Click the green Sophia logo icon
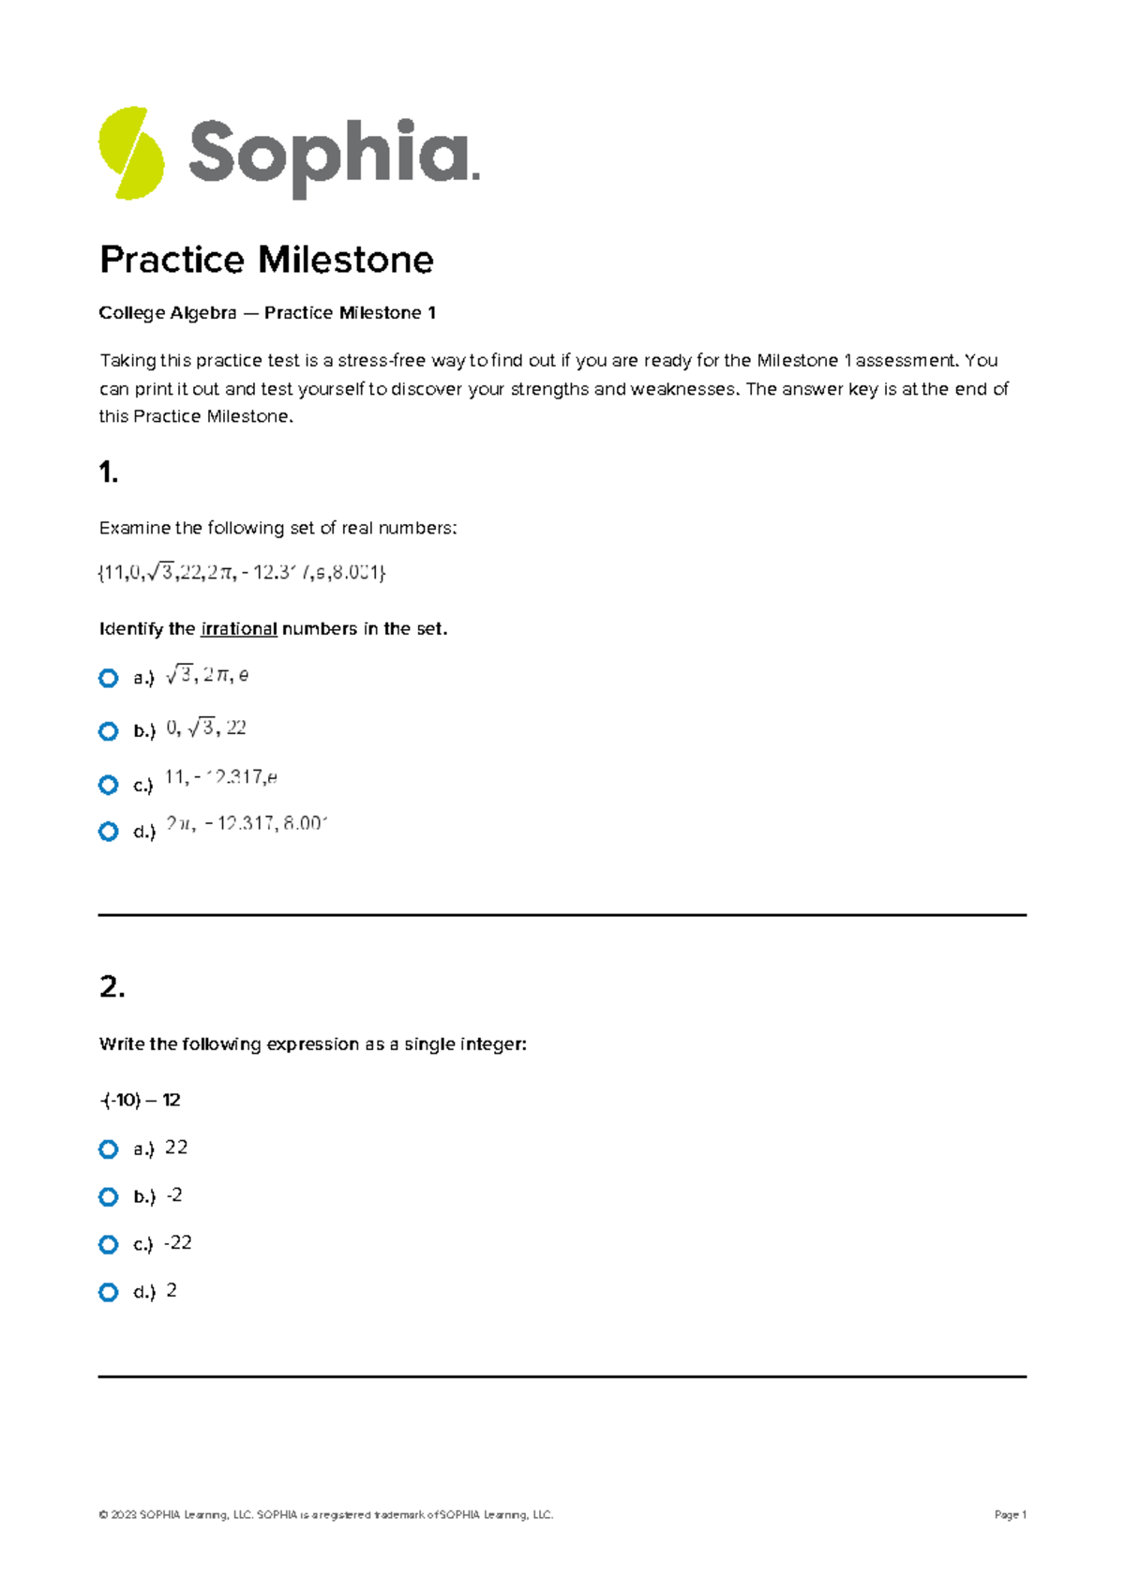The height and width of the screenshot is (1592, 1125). click(x=131, y=153)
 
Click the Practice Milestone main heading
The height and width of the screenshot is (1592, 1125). click(x=266, y=260)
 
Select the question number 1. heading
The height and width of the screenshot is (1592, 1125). click(x=109, y=473)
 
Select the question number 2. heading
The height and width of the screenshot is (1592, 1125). click(x=112, y=986)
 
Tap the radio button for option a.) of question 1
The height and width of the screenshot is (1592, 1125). click(x=109, y=678)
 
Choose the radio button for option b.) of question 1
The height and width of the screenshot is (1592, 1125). click(x=109, y=731)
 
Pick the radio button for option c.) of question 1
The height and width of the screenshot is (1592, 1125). click(x=109, y=785)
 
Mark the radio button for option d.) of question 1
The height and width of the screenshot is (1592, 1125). click(x=109, y=832)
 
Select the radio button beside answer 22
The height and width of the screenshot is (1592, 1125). click(x=109, y=1149)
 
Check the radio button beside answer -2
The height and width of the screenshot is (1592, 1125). click(x=109, y=1197)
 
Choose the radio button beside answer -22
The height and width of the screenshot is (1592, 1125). click(x=109, y=1244)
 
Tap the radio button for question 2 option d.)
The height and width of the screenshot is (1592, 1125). click(x=109, y=1292)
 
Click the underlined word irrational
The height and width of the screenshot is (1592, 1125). click(x=239, y=629)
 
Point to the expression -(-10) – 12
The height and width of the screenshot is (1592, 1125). click(x=140, y=1100)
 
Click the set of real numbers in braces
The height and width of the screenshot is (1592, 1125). click(x=242, y=572)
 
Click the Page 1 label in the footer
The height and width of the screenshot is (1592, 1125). click(x=1010, y=1514)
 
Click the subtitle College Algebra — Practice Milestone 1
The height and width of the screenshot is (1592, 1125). click(x=267, y=313)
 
